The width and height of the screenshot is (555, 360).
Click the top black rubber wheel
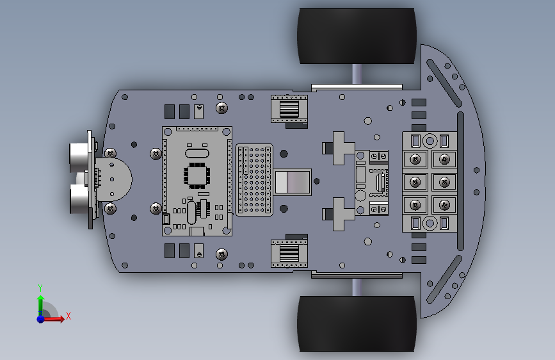click(357, 36)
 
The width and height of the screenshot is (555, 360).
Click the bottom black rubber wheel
click(357, 324)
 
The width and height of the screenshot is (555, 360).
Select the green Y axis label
click(40, 288)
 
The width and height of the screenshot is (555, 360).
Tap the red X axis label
click(68, 316)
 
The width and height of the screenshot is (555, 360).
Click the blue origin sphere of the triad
click(41, 319)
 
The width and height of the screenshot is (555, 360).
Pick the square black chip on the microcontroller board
click(197, 176)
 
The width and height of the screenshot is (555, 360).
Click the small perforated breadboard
click(254, 179)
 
